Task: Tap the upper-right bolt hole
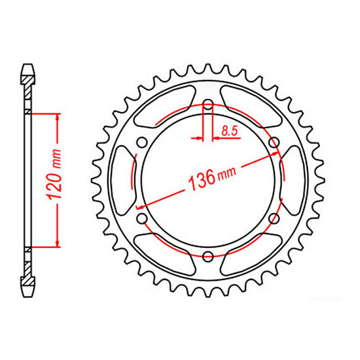point(274,142)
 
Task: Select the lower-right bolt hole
point(274,218)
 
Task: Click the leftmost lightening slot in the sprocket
point(122,180)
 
